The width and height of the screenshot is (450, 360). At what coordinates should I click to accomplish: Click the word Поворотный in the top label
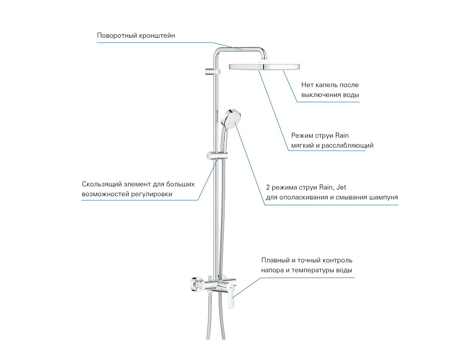(117, 36)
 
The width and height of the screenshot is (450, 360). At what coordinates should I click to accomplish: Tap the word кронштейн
(157, 36)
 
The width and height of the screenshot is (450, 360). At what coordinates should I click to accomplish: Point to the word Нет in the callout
(307, 85)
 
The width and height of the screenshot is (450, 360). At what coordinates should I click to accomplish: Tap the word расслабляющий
(347, 145)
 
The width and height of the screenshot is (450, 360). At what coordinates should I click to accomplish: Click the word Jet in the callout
(341, 188)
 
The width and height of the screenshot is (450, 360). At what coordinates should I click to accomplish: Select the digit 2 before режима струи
(268, 188)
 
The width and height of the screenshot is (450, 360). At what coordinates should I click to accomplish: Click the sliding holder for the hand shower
(217, 156)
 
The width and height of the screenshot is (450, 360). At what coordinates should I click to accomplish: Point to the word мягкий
(302, 145)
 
